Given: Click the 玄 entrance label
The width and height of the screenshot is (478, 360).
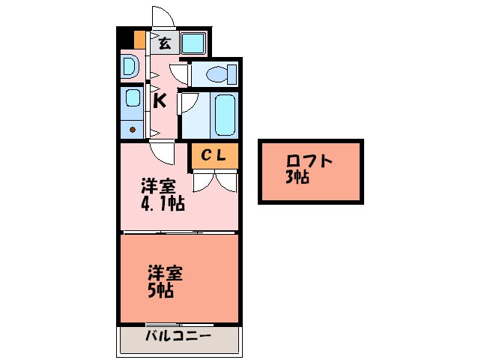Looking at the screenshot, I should [164, 43].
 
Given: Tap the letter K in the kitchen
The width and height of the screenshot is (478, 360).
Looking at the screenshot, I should [160, 101].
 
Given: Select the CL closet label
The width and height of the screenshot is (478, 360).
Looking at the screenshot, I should [213, 155].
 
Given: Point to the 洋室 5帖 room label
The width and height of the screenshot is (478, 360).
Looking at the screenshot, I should [163, 281].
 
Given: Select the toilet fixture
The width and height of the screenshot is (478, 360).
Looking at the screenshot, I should [217, 74].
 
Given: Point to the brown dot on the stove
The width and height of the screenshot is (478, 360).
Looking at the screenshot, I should [133, 130].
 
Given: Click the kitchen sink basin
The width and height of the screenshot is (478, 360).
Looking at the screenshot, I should [133, 98].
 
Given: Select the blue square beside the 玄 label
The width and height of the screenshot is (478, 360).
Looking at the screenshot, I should [193, 42].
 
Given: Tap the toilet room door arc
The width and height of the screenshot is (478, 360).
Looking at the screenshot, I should [180, 73].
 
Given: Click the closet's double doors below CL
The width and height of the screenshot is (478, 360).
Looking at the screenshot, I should [213, 180].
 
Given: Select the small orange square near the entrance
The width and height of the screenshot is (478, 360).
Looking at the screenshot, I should [139, 38].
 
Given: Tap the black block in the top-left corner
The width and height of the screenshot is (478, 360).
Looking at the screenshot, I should [124, 37].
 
